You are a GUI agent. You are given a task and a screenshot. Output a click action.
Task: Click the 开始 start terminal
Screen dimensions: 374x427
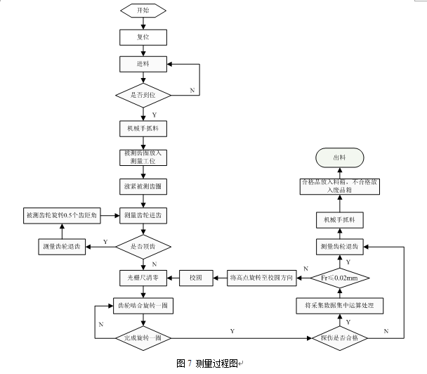[143, 11]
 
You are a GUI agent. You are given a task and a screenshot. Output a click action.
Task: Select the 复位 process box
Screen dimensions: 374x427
[143, 37]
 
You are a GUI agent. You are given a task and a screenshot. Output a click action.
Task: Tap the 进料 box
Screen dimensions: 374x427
[143, 63]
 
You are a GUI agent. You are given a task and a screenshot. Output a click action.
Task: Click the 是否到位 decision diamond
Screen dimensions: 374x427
[143, 93]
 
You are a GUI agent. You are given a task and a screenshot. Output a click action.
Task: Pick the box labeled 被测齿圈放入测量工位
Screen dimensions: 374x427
[143, 157]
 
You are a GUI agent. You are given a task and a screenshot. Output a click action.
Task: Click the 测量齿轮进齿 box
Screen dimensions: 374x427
[143, 214]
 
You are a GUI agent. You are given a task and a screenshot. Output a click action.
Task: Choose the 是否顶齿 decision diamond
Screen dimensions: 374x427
[143, 247]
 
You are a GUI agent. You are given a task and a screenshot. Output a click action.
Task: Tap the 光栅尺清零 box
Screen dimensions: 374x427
[143, 278]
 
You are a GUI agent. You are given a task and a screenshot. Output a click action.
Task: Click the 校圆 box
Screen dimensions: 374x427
[195, 278]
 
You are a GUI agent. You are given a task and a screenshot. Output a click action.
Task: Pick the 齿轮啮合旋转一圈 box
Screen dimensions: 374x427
[143, 307]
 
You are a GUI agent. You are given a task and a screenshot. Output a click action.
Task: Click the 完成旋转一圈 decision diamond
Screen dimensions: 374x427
[143, 338]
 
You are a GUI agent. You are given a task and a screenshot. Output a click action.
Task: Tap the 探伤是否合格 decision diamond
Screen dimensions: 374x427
[340, 338]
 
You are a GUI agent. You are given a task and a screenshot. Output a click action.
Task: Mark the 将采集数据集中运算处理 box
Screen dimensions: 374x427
[340, 306]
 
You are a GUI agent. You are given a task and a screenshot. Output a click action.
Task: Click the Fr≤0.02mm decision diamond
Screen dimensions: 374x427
[340, 278]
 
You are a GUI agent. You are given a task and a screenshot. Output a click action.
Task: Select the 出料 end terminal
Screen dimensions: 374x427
[340, 158]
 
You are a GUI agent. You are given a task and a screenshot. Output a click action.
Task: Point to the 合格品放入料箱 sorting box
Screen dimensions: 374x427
[340, 187]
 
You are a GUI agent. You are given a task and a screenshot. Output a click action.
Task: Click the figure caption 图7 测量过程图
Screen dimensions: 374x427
[208, 363]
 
